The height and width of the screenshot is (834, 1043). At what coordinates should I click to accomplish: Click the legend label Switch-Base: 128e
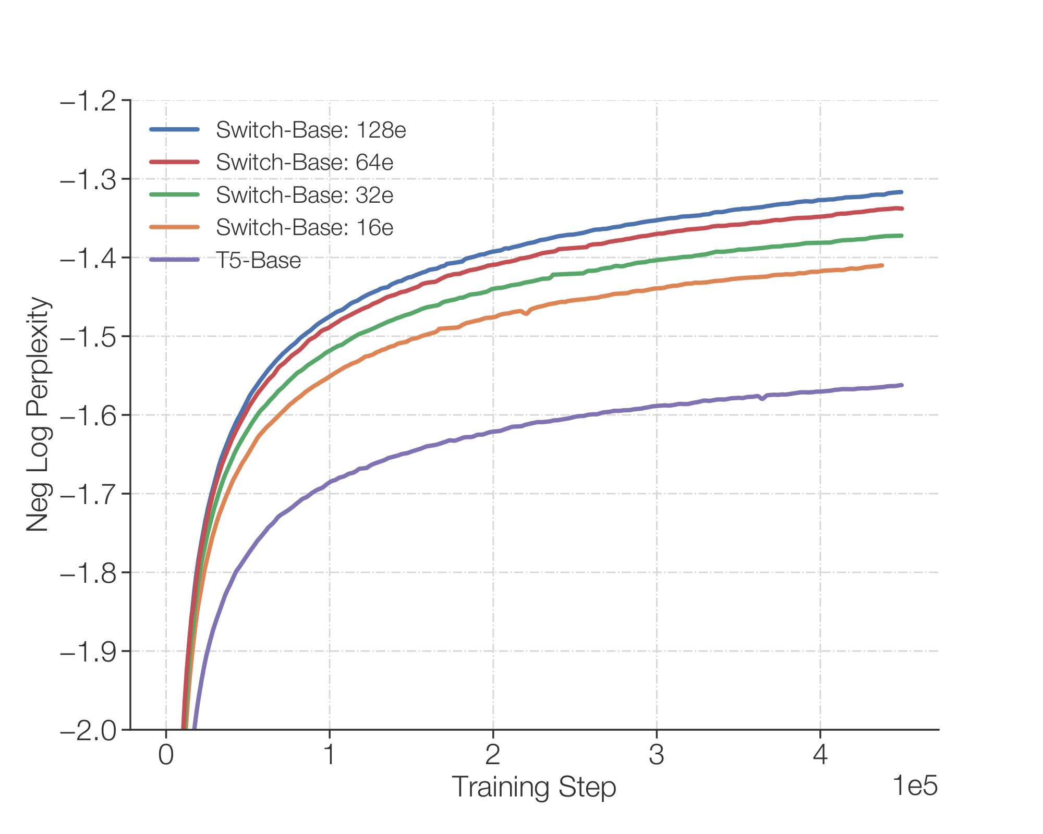pyautogui.click(x=311, y=130)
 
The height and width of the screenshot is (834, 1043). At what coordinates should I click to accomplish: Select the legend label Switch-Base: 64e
pyautogui.click(x=305, y=163)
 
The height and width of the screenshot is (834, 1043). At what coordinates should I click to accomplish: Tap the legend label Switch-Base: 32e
pyautogui.click(x=305, y=195)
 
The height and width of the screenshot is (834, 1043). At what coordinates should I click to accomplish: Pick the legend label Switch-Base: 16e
pyautogui.click(x=305, y=227)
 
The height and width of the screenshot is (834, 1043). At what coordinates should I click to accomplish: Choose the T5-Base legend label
pyautogui.click(x=259, y=260)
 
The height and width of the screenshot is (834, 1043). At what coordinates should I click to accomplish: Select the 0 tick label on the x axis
pyautogui.click(x=166, y=755)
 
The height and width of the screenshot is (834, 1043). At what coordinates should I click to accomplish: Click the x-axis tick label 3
pyautogui.click(x=657, y=755)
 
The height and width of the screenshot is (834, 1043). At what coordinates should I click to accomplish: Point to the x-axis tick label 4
pyautogui.click(x=820, y=755)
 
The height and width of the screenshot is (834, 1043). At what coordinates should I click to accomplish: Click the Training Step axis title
pyautogui.click(x=533, y=787)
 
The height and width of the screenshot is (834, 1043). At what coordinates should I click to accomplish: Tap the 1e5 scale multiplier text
pyautogui.click(x=915, y=786)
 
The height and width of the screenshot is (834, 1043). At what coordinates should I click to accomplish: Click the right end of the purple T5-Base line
pyautogui.click(x=902, y=385)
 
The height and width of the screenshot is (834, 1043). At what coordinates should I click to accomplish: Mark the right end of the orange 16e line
pyautogui.click(x=882, y=265)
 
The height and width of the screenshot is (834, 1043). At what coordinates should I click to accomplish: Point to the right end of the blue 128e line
pyautogui.click(x=902, y=192)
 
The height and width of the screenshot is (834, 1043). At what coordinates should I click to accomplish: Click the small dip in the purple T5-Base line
pyautogui.click(x=762, y=399)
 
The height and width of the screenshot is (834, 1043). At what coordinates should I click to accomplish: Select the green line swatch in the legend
pyautogui.click(x=174, y=195)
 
